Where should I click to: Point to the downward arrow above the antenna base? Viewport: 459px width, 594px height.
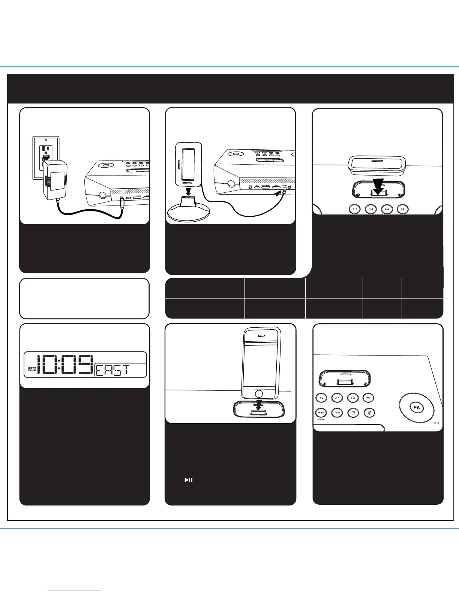[189, 164]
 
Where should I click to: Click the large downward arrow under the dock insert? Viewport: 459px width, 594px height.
[378, 186]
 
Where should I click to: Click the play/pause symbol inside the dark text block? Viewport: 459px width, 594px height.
[188, 480]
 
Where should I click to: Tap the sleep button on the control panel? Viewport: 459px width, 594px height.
[337, 412]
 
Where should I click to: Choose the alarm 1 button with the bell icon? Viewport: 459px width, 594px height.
[353, 412]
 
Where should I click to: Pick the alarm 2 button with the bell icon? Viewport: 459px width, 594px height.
[369, 412]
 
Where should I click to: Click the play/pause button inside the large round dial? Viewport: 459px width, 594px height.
[417, 407]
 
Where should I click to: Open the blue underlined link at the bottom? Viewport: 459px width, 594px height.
[75, 591]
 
